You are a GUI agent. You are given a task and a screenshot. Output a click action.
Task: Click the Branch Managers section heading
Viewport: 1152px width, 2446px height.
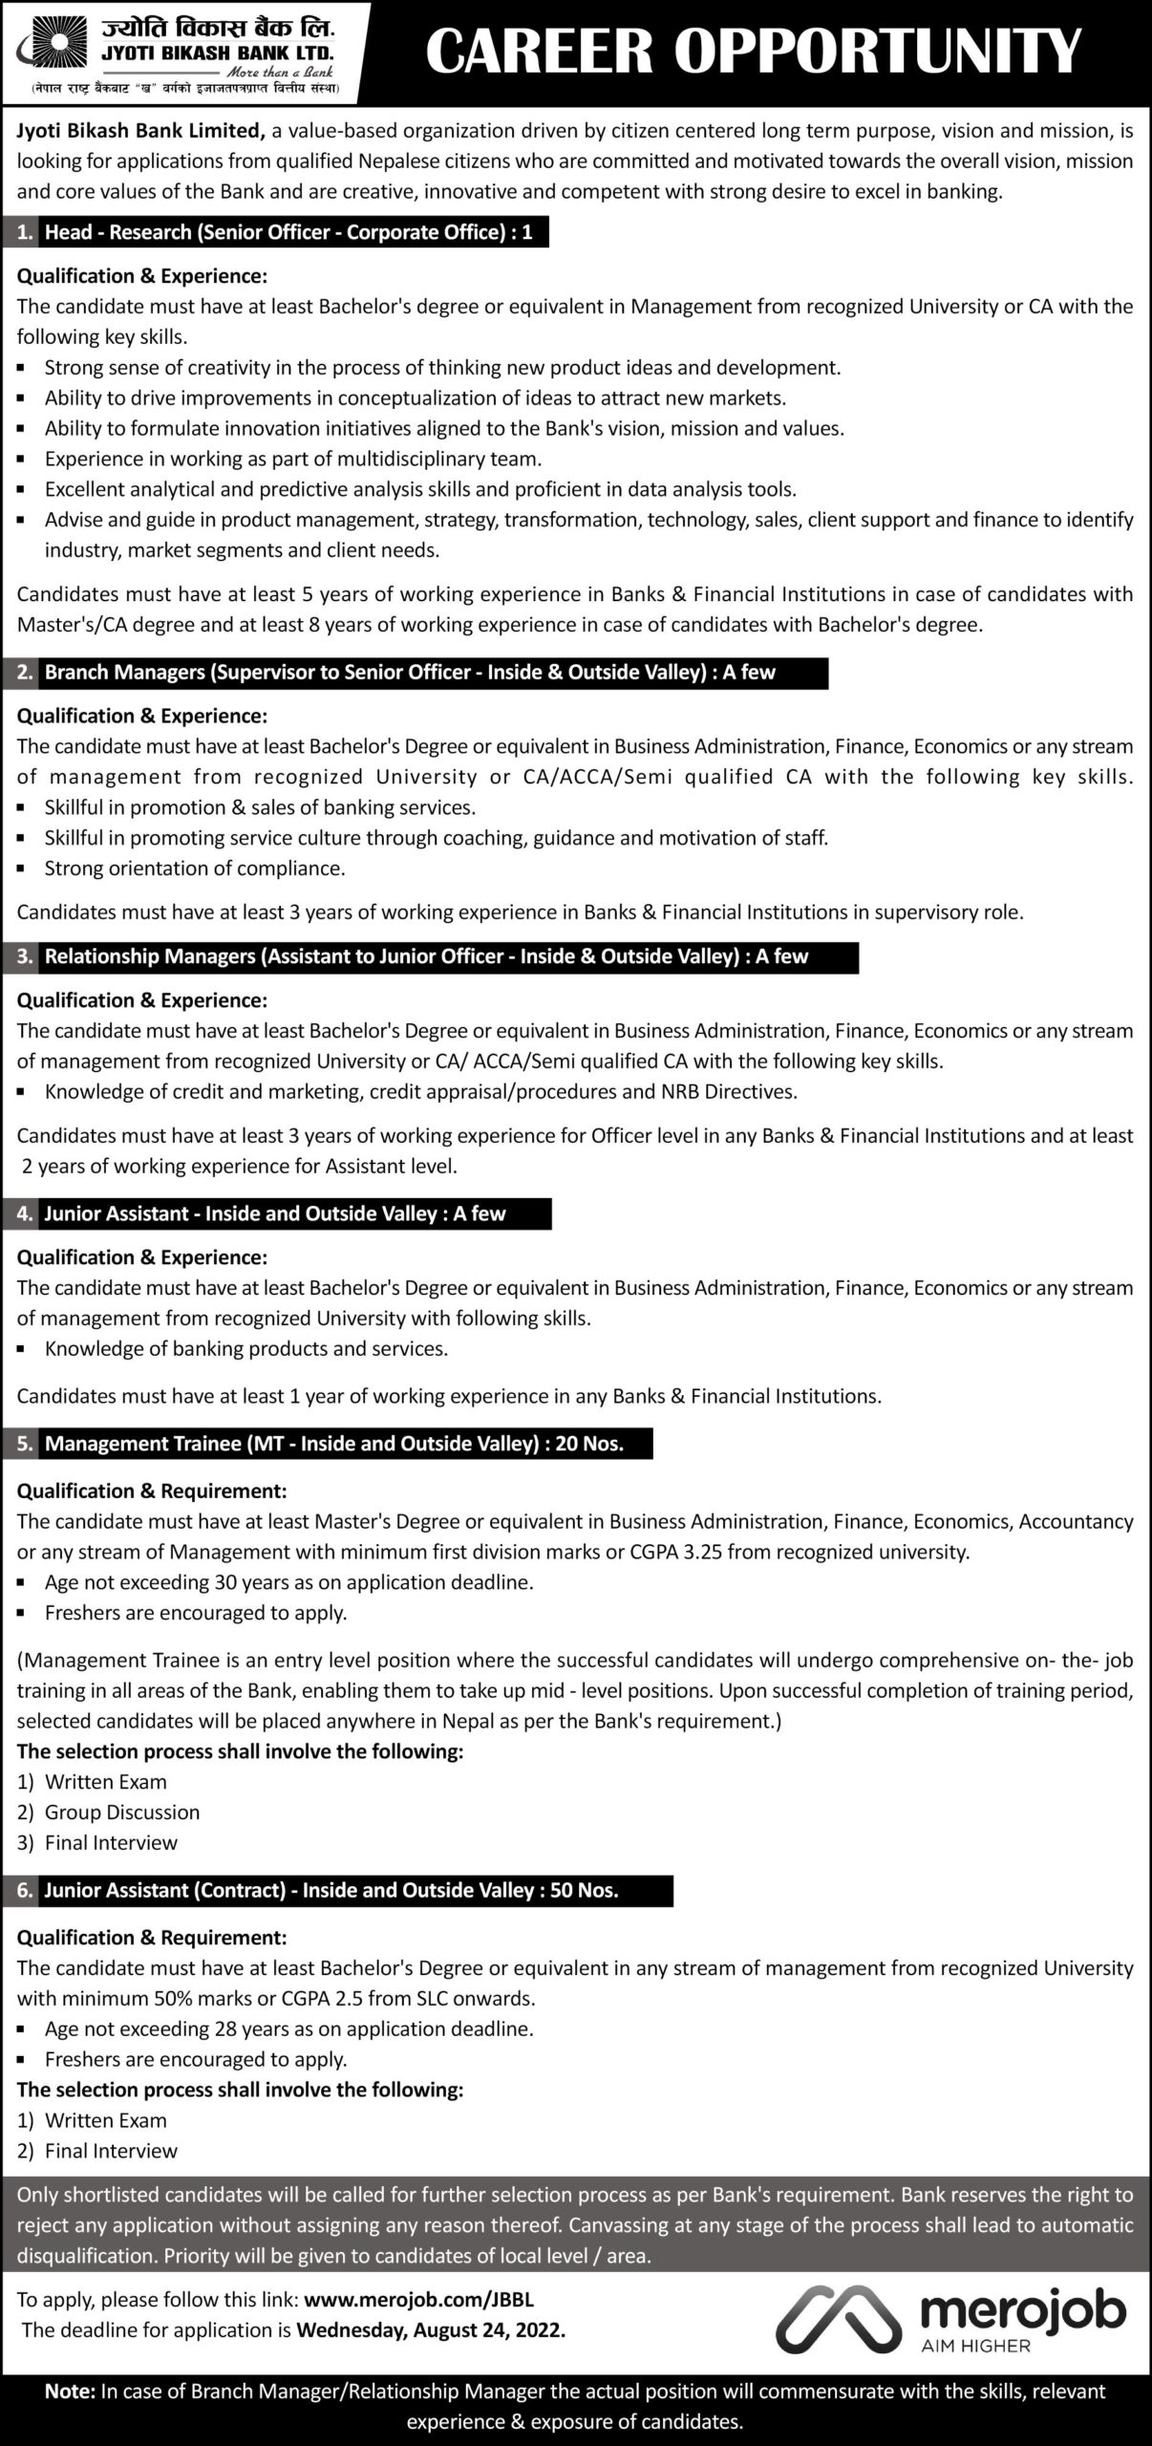[x=410, y=672]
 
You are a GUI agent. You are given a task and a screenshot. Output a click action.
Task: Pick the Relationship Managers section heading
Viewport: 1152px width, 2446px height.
[x=426, y=956]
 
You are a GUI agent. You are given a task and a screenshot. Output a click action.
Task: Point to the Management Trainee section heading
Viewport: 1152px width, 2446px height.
[x=333, y=1444]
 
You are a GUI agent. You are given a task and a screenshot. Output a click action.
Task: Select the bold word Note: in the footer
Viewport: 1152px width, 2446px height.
[x=70, y=2392]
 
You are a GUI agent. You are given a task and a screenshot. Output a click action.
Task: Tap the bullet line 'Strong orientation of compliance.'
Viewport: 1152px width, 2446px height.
[x=195, y=869]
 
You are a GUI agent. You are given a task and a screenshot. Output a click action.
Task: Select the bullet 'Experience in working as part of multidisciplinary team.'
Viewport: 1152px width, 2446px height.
[x=293, y=459]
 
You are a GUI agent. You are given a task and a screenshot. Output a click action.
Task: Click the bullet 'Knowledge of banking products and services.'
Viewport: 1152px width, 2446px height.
[x=246, y=1349]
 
